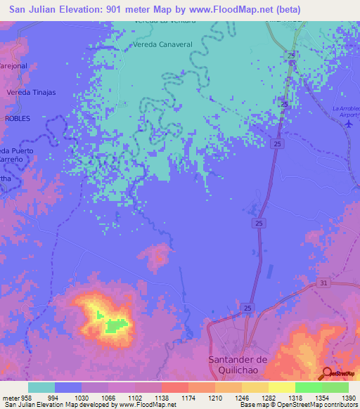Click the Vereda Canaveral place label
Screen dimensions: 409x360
tap(162, 44)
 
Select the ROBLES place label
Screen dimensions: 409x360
tap(18, 119)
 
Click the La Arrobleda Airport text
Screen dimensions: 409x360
tap(345, 111)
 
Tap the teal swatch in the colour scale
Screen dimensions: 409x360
tap(41, 387)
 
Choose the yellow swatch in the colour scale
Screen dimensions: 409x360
tap(281, 387)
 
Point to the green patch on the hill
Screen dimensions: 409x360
tap(115, 325)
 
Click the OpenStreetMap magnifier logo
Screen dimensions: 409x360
tap(328, 373)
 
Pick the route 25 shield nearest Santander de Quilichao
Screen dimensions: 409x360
tap(248, 309)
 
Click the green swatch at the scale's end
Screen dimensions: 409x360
tap(335, 387)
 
